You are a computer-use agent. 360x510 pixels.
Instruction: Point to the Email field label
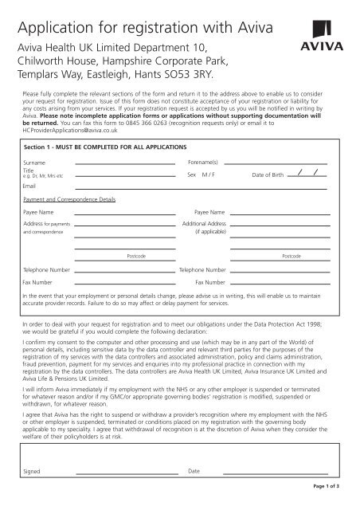coord(30,186)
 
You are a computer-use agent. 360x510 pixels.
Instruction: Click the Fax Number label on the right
coord(211,282)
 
